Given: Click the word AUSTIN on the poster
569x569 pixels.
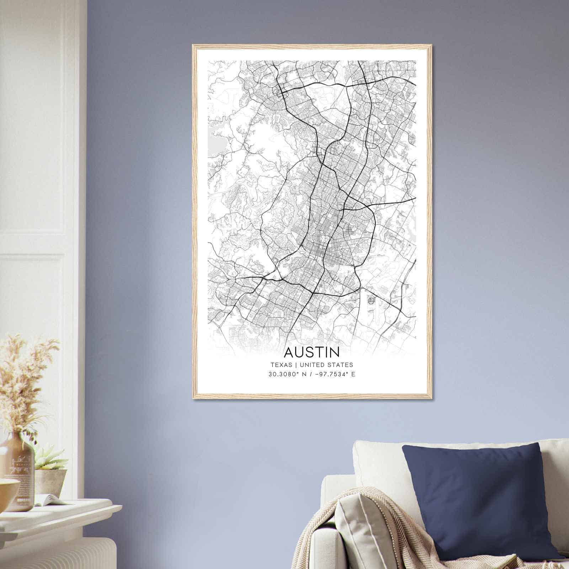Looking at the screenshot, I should [x=312, y=352].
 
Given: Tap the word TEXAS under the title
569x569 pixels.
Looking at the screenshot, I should [x=281, y=365].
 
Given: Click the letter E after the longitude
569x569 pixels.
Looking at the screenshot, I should [x=353, y=374].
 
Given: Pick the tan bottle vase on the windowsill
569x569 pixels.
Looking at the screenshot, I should [x=18, y=469].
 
